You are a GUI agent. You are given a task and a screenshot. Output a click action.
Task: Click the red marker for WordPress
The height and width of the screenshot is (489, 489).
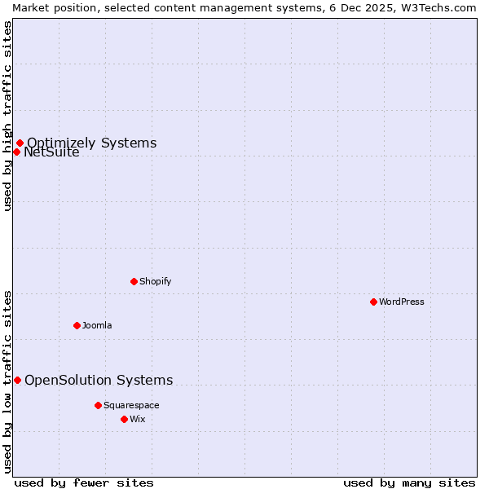[373, 302]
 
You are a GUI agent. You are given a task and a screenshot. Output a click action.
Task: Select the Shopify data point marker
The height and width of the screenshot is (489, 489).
[134, 281]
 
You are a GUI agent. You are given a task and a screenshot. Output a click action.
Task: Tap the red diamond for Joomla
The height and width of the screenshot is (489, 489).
[77, 325]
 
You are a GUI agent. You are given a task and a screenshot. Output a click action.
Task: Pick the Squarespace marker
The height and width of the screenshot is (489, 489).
[98, 405]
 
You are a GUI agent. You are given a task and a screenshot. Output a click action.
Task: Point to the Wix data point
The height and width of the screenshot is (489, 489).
[124, 419]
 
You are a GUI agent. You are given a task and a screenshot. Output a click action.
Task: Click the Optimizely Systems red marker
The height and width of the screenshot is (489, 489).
[20, 143]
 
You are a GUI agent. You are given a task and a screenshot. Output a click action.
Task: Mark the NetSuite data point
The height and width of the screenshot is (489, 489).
[16, 152]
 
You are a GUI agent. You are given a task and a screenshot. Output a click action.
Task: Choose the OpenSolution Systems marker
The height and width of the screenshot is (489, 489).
[17, 380]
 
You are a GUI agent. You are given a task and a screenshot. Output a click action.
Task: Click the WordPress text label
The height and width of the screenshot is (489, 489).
[402, 302]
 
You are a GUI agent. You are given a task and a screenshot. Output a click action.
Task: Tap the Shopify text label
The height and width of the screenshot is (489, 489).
[155, 281]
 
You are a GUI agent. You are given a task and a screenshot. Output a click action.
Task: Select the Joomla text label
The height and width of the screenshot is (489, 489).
[97, 325]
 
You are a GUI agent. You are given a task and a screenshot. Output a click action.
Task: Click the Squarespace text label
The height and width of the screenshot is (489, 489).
[131, 405]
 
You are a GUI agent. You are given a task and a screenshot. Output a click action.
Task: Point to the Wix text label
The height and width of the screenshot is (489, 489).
[138, 419]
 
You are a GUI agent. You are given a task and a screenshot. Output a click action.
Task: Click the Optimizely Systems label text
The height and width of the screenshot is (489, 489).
[91, 143]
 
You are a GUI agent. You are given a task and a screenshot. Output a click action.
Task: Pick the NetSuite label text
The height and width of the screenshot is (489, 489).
[51, 152]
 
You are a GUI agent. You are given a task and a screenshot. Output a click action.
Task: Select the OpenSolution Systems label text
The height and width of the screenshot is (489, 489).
[99, 380]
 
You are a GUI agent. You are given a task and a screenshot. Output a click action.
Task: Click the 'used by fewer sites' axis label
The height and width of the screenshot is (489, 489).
[84, 482]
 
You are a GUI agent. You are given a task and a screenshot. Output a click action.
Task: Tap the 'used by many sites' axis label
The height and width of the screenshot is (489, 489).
[409, 482]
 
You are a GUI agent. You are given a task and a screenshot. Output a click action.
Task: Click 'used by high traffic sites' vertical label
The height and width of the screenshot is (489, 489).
[7, 116]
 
